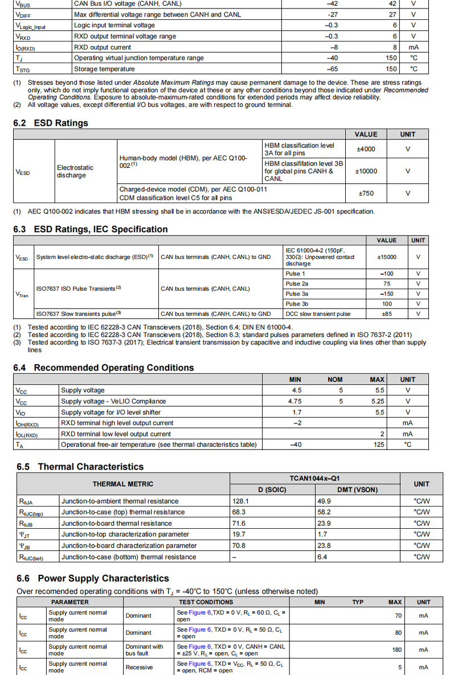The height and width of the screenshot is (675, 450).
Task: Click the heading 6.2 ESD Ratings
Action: (51, 123)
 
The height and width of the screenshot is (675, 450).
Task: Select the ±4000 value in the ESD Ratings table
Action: (366, 149)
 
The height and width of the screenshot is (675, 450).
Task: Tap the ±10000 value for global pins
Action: (366, 171)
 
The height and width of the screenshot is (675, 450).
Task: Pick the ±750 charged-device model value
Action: (366, 194)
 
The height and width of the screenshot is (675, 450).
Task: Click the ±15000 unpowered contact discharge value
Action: (387, 257)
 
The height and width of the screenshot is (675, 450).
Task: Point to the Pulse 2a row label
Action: (297, 283)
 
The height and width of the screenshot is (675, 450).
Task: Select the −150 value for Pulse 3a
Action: (387, 294)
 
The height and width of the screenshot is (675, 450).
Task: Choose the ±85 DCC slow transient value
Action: (387, 314)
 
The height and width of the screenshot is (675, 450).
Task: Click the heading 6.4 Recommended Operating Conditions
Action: (104, 368)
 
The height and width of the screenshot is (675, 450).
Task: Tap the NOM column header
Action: (335, 380)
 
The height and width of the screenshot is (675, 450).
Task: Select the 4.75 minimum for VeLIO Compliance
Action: (295, 401)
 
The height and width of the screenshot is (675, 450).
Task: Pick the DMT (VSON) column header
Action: (357, 490)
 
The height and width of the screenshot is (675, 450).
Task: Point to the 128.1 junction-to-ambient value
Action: (240, 501)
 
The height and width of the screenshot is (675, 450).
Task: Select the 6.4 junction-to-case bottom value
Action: (322, 557)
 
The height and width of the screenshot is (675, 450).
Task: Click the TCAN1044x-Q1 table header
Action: (314, 479)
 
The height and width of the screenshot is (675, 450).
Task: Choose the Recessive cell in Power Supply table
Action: (139, 667)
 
